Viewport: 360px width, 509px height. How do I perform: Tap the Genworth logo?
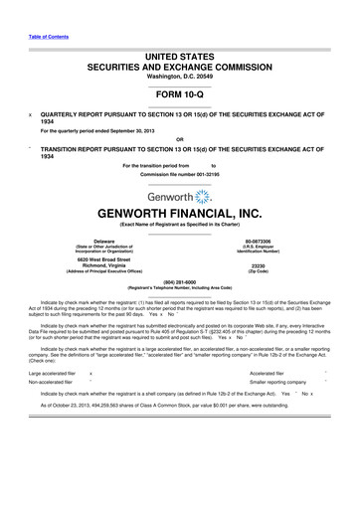tap(180, 198)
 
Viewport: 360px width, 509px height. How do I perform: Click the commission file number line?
tap(180, 175)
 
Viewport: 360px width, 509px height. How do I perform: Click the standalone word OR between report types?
tap(180, 138)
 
